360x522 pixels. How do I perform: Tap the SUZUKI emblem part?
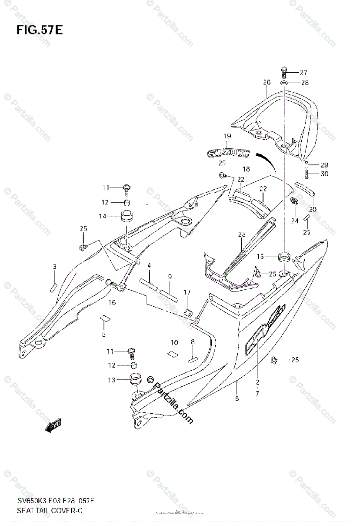(228, 153)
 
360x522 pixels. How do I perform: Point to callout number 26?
(267, 82)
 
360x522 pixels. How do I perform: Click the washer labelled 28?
(283, 83)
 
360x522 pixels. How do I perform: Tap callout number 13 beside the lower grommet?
(112, 380)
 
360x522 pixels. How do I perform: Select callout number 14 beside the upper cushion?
(103, 216)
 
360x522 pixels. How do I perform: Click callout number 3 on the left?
(54, 266)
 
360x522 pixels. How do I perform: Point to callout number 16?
(112, 302)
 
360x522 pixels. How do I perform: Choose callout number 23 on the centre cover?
(242, 234)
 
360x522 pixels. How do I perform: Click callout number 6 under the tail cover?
(237, 398)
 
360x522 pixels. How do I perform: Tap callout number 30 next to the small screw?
(324, 174)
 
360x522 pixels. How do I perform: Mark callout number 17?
(187, 292)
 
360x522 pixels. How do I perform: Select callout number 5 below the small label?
(103, 335)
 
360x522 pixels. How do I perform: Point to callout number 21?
(307, 233)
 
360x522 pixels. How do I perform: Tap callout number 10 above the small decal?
(174, 342)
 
